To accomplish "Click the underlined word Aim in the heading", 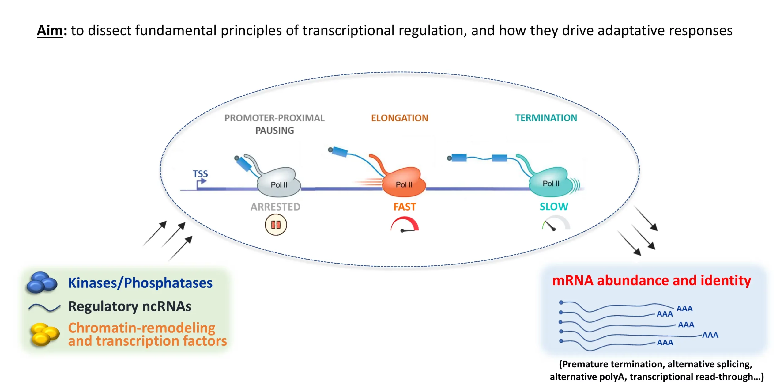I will [x=50, y=31].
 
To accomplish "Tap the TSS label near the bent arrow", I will [x=200, y=174].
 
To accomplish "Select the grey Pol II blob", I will [x=279, y=183].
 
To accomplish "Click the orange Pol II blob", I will [x=404, y=183].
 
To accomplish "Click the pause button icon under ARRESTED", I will [x=276, y=225].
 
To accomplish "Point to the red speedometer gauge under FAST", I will [x=405, y=225].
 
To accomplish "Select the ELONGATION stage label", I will [x=399, y=118].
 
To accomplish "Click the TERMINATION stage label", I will [x=546, y=118].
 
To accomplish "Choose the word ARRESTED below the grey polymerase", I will [x=275, y=207].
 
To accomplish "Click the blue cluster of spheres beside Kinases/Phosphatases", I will [x=42, y=282].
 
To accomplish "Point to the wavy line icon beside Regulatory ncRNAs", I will [x=44, y=307].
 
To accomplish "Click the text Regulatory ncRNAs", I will [x=130, y=306].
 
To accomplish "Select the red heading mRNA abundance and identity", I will [x=651, y=280].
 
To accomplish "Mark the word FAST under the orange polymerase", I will [x=405, y=207].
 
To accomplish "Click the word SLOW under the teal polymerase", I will [x=554, y=207].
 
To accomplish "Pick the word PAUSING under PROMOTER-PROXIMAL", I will [x=275, y=131].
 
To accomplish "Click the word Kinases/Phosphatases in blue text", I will [x=140, y=283].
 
